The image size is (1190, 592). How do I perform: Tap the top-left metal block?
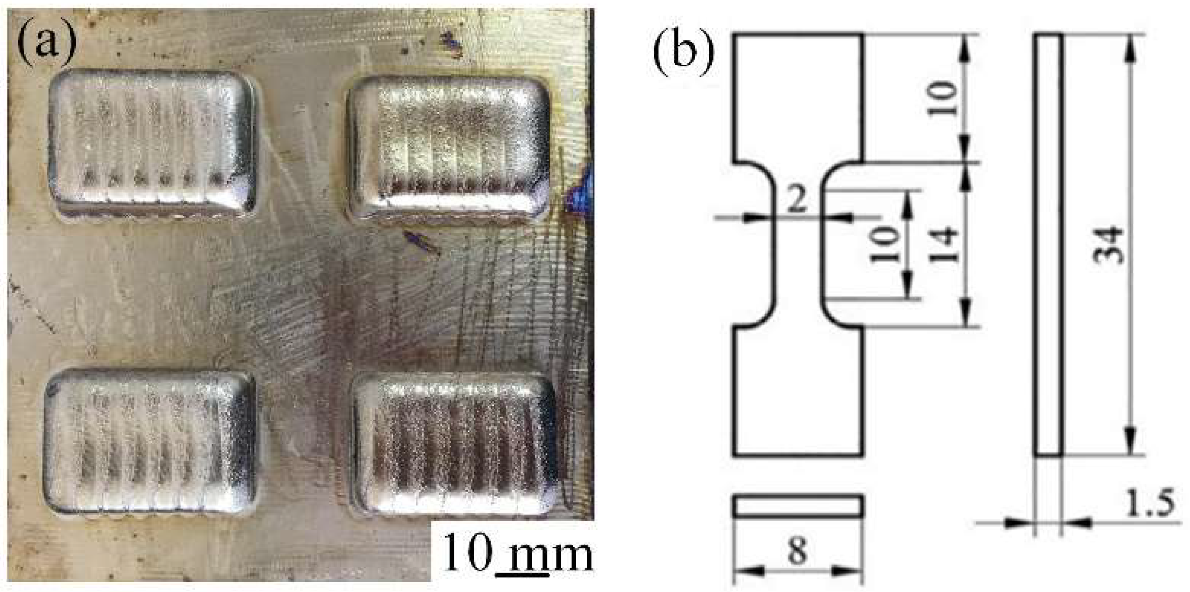coord(152,143)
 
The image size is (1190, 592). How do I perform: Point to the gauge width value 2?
coord(797,200)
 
